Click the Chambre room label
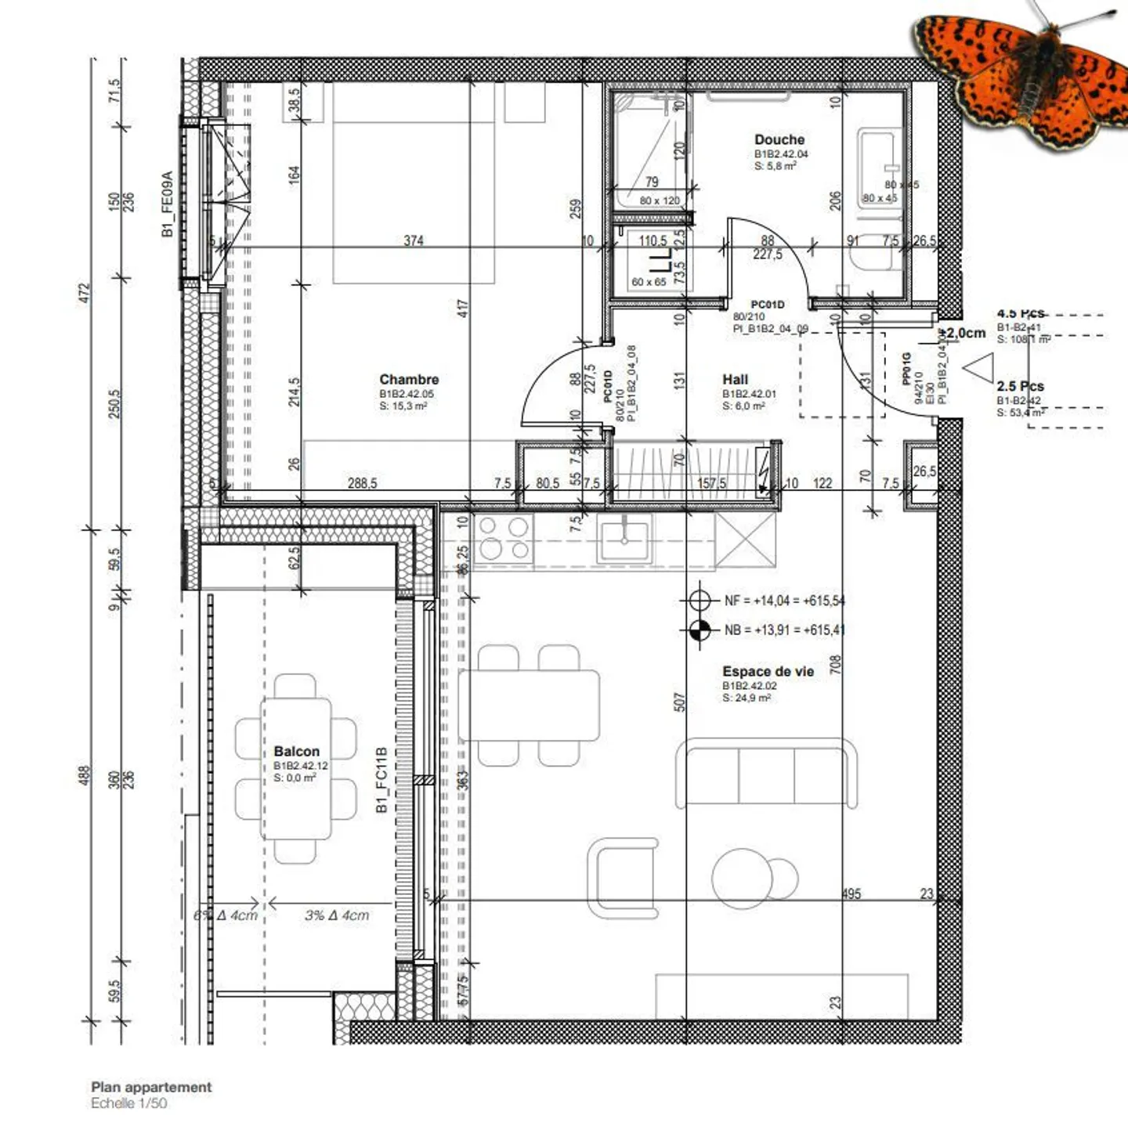coord(409,380)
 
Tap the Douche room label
coord(779,140)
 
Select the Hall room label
coord(735,380)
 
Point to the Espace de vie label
coord(768,672)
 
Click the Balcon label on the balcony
coord(296,752)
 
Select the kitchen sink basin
coord(624,540)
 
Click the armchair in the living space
coord(623,877)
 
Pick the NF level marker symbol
coord(700,601)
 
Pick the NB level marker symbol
coord(700,630)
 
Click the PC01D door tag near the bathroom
coord(767,305)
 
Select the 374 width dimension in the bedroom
coord(414,240)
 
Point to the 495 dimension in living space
coord(851,893)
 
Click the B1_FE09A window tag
coord(167,204)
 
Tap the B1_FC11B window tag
coord(382,780)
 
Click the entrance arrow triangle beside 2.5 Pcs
coord(979,368)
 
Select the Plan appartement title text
coord(151,1087)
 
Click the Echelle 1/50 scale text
coord(128,1103)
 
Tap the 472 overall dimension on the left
coord(86,293)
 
